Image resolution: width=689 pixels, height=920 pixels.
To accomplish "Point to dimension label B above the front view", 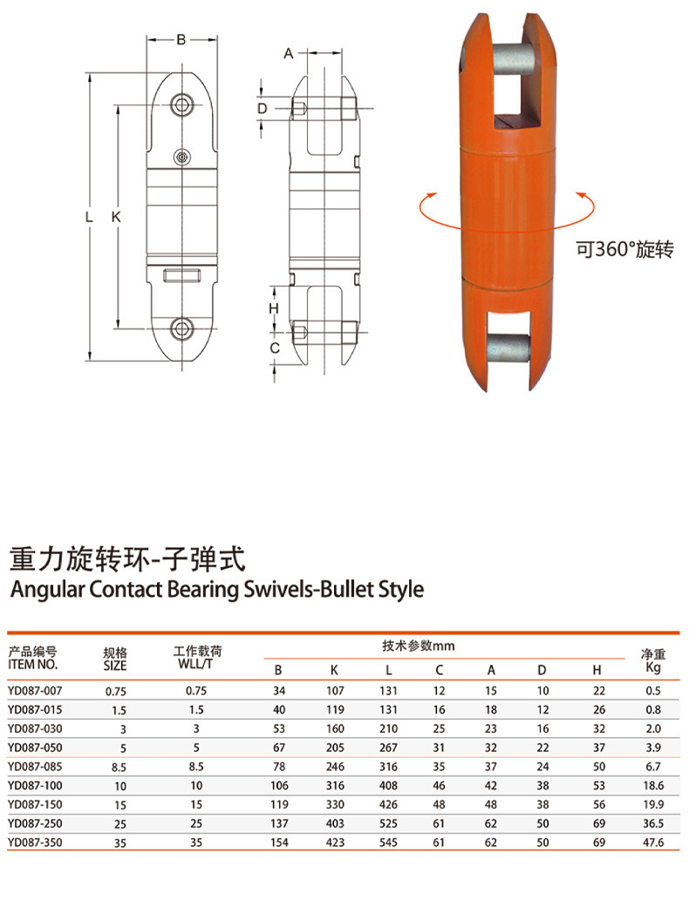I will [x=181, y=39].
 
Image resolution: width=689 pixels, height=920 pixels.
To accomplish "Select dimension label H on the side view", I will [x=274, y=308].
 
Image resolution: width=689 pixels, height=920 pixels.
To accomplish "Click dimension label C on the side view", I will [x=274, y=348].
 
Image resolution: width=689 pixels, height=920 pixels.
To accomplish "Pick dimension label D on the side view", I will [x=261, y=108].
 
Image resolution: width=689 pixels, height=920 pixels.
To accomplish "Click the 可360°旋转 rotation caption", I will [x=624, y=249].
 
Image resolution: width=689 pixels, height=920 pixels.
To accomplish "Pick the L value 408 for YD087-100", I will [x=388, y=785].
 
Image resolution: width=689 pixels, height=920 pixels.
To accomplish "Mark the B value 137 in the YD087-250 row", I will [x=278, y=823].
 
